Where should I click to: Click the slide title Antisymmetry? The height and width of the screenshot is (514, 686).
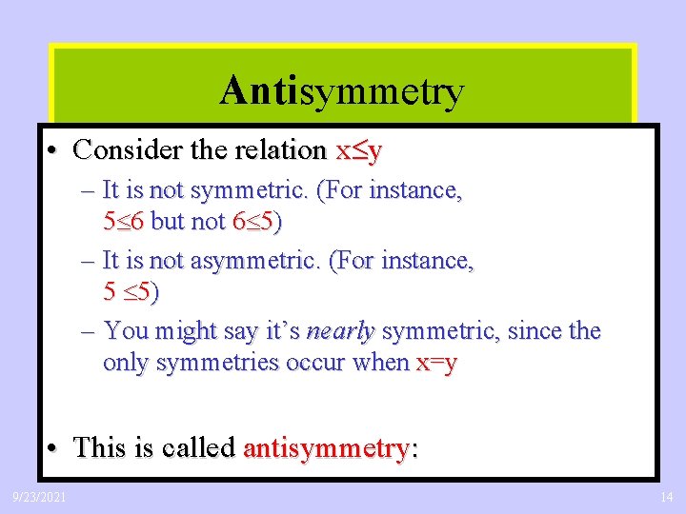coord(341,91)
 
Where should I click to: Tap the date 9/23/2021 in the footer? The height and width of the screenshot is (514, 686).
coord(39,496)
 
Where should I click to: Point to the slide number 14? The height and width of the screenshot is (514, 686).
coord(666,496)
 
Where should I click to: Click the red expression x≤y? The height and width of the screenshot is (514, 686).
coord(358,150)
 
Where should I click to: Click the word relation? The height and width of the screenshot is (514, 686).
coord(280,150)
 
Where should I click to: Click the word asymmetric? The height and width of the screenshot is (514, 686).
coord(254,260)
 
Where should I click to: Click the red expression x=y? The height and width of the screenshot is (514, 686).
coord(437,363)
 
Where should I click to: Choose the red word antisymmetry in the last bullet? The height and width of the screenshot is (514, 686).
coord(330,447)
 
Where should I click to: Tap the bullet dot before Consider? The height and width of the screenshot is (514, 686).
coord(56,150)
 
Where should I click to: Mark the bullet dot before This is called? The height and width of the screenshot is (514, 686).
coord(56,447)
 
